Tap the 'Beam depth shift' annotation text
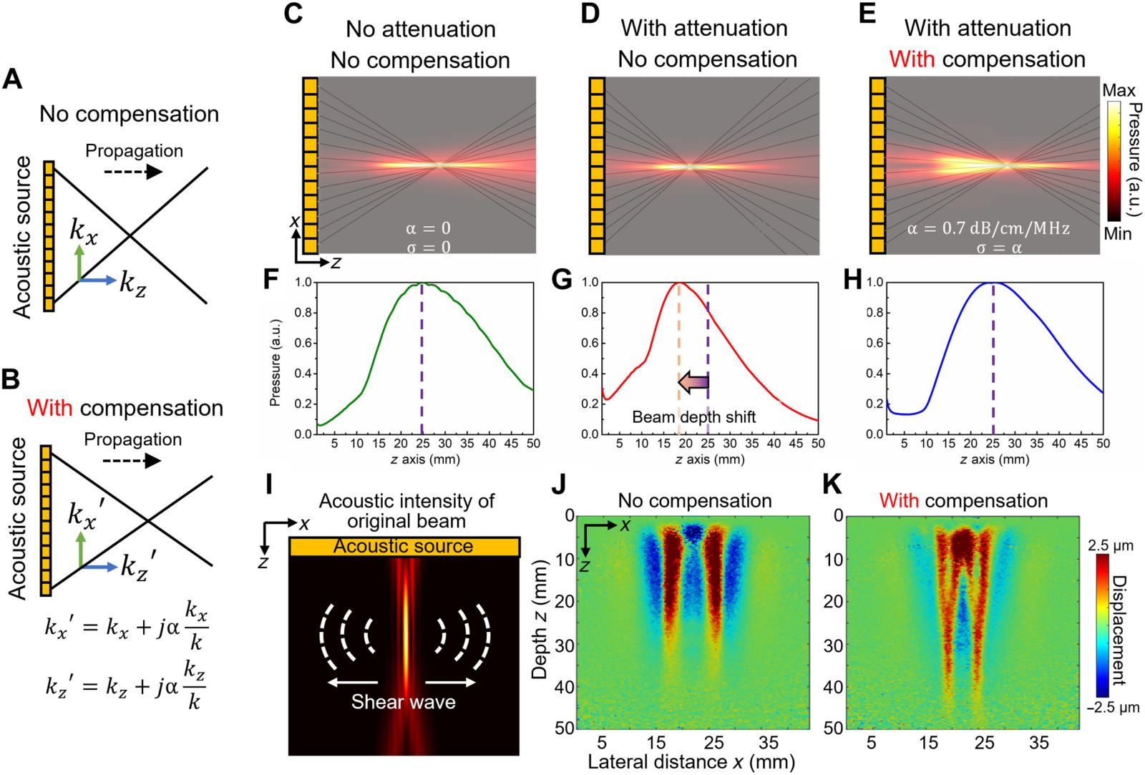tap(693, 417)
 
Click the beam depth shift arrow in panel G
tap(693, 382)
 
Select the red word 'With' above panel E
tap(912, 59)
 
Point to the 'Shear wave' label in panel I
tap(404, 702)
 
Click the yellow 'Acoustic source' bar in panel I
tap(404, 547)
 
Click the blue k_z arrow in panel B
tap(99, 567)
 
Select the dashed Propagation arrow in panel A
tap(133, 172)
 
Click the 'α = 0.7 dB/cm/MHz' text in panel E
tap(988, 228)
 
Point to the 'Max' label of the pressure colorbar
tap(1119, 90)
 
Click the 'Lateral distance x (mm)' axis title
tap(691, 761)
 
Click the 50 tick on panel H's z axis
tap(1103, 443)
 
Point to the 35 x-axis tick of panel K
tap(1038, 742)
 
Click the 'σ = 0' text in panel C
tap(429, 248)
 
